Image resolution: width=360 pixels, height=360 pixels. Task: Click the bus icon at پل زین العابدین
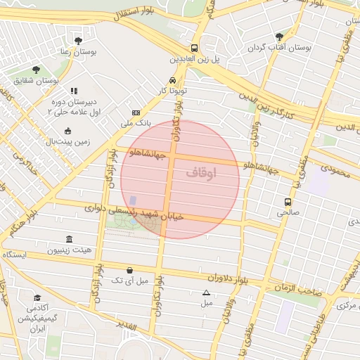coord(194,49)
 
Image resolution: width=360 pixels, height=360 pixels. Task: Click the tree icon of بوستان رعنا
coord(78,41)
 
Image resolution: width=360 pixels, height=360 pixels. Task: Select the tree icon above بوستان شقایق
coord(36,70)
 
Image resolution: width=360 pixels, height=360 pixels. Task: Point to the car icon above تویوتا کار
coord(173,80)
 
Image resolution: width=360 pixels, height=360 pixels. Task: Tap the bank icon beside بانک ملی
coord(136,112)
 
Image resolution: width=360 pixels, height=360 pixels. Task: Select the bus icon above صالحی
coord(288,201)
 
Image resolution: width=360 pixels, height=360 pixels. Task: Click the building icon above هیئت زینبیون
coord(68,240)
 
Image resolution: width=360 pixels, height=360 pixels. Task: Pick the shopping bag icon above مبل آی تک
coord(130,270)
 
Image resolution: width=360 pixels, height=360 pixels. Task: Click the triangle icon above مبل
coord(206,292)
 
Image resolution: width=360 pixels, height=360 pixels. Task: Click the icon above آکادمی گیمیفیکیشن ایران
coord(37,298)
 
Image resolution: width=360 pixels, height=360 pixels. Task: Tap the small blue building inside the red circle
coord(133,202)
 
